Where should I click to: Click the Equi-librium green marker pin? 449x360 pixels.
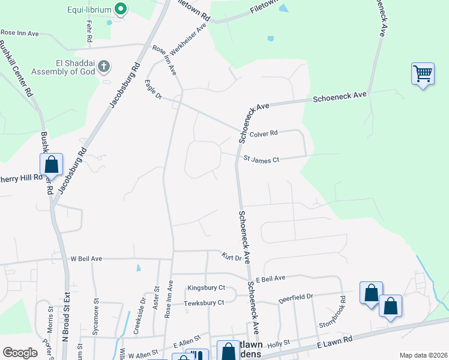121,9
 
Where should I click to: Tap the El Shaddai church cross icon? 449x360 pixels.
104,65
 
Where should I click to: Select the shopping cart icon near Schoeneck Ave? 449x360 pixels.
423,74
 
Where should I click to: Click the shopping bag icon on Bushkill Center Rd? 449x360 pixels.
52,164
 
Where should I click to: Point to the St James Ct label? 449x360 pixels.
261,160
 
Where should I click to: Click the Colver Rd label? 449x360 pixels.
264,133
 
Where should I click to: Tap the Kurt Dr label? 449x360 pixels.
231,258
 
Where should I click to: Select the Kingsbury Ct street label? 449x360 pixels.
206,288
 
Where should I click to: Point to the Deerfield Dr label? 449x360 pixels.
295,296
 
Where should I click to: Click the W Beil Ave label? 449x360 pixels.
86,259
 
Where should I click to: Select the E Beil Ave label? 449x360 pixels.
270,279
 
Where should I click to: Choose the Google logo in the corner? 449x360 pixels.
20,353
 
